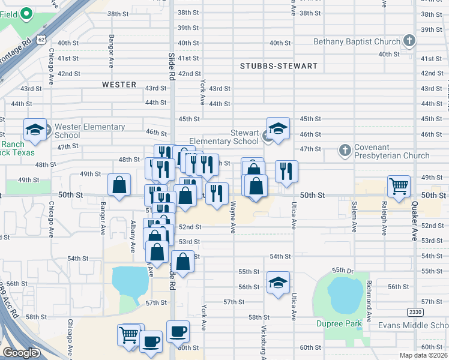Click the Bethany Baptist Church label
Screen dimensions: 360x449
357,41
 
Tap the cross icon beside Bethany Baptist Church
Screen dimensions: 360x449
409,41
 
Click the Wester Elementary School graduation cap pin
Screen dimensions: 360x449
35,130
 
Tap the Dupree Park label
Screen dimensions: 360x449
339,324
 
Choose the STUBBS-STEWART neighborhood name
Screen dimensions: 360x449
278,66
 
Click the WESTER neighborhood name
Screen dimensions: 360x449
119,85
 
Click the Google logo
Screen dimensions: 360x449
20,353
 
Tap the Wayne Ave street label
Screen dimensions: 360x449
233,214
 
